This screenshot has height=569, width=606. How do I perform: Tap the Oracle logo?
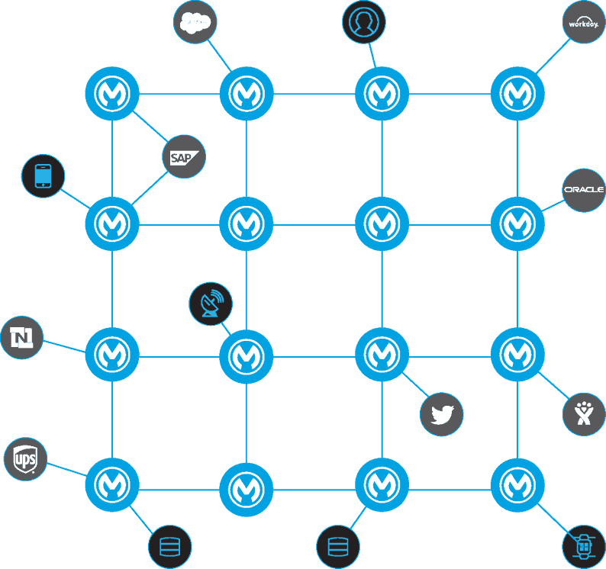(x=584, y=190)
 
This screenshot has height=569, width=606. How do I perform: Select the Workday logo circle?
(x=583, y=24)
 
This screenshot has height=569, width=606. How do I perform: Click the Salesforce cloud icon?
(x=195, y=24)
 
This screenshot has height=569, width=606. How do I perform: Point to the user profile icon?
(x=363, y=22)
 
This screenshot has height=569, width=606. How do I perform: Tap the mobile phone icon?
(x=44, y=176)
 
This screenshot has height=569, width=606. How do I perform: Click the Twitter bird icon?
(x=442, y=415)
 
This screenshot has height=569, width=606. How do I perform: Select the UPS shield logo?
(x=25, y=460)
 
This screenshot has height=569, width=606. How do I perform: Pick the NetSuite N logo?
(x=21, y=336)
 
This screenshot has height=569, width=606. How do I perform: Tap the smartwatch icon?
(x=583, y=546)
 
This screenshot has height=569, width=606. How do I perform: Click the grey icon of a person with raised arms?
(x=583, y=414)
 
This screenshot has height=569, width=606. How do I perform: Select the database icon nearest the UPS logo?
(x=169, y=547)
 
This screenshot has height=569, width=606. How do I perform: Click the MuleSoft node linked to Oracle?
(x=517, y=224)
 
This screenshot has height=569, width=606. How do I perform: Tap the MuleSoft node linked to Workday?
(x=517, y=94)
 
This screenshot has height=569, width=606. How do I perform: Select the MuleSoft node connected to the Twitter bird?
(x=382, y=355)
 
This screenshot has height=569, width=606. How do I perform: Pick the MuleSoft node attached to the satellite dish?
(x=246, y=355)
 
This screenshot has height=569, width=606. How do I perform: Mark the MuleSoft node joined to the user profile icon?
(x=382, y=94)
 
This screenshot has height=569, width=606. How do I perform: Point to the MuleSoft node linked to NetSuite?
(x=112, y=355)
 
